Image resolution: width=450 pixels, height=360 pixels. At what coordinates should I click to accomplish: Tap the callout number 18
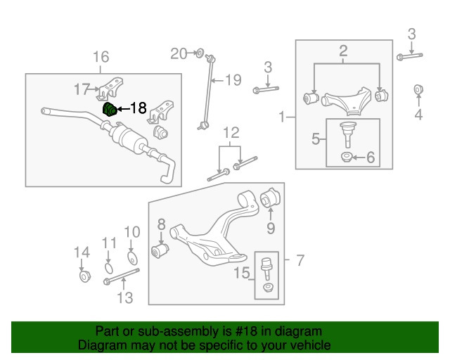coord(138,108)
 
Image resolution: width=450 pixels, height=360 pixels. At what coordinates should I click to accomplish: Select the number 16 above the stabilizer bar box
coord(101,56)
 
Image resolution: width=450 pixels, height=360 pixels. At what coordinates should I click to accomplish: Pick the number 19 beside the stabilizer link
coord(233,79)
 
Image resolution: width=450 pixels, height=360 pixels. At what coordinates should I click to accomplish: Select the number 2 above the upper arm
coord(344,50)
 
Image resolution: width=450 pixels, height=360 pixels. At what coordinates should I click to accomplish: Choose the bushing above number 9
coord(271,198)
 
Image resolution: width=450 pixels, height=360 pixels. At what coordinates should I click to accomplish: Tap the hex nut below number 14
coord(83,276)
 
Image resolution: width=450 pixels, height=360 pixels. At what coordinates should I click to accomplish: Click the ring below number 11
coord(108,266)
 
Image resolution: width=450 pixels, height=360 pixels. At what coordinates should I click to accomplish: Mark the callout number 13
coord(124,298)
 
